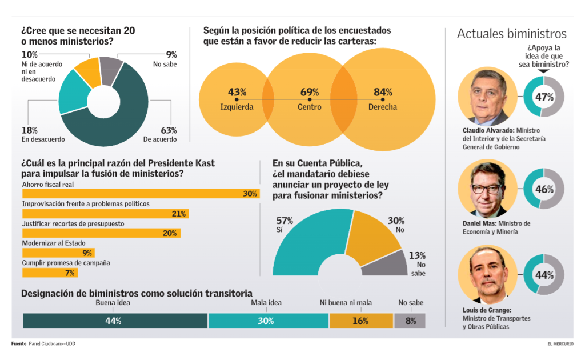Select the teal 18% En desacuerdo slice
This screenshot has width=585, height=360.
tap(73, 93)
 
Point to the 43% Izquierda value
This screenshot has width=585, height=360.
tap(237, 92)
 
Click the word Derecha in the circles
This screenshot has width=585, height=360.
tap(382, 107)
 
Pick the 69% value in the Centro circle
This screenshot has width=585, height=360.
tap(310, 92)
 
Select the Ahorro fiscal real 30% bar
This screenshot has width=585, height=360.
tap(141, 194)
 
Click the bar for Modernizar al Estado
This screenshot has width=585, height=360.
tap(58, 253)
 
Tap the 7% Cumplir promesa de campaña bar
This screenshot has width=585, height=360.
tap(50, 273)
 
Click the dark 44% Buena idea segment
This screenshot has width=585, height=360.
tap(115, 321)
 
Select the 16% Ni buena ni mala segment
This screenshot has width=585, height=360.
tap(361, 321)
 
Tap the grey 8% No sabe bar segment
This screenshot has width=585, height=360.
tap(410, 321)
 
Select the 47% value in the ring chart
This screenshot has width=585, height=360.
tap(544, 97)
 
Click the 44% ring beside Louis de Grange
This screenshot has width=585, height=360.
tap(544, 275)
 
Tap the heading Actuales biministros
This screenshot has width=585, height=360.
tap(511, 34)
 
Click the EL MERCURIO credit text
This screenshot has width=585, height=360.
tap(560, 344)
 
